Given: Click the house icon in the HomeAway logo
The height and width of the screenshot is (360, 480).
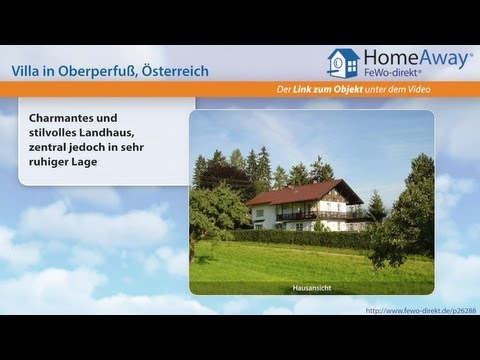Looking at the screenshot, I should point(342,62).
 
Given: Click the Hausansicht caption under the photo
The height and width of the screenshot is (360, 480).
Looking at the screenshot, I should point(312,289).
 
